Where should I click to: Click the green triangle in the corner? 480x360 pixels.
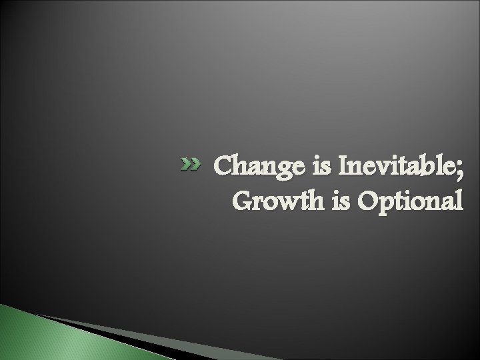click(x=27, y=337)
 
